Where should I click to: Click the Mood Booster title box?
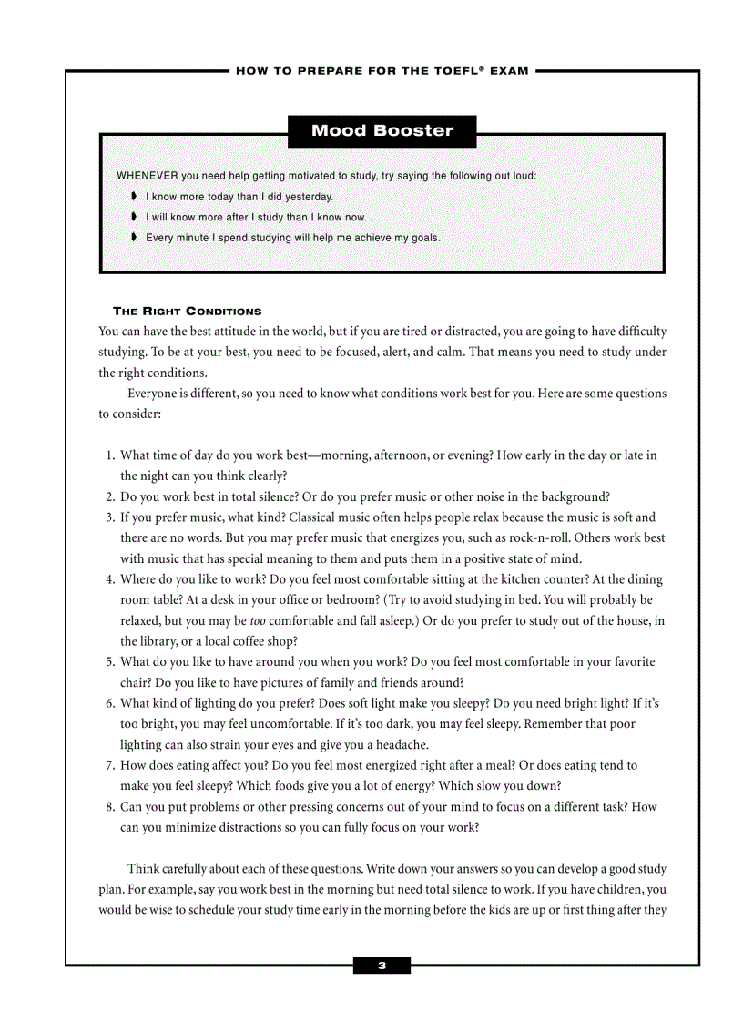(382, 130)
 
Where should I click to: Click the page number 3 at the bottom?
(382, 966)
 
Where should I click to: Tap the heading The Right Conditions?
(187, 312)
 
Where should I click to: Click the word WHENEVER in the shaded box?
(147, 176)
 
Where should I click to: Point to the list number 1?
(109, 455)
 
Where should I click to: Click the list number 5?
(109, 662)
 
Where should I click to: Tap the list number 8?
(109, 807)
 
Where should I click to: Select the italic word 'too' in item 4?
(258, 621)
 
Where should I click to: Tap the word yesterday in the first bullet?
(310, 197)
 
